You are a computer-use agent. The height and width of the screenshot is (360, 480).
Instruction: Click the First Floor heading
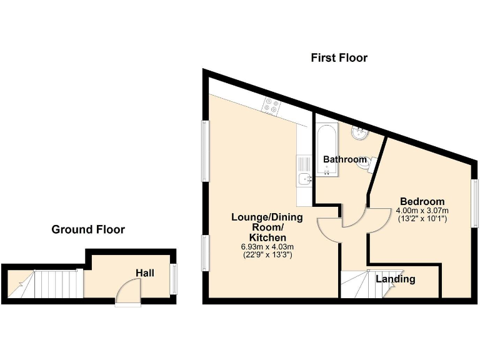tap(339, 58)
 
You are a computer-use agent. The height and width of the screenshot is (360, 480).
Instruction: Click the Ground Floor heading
tap(88, 229)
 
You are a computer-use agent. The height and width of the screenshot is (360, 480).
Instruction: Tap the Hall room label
tap(145, 273)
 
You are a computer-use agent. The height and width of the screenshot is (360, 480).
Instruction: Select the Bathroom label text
tap(344, 159)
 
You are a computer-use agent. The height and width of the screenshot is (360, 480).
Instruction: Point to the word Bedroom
tap(422, 201)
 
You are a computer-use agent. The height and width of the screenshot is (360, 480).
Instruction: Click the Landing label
tap(396, 279)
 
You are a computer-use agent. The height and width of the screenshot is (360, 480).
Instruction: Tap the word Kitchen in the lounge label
tap(267, 237)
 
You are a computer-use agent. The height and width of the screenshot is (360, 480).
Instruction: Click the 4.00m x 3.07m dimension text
tap(422, 211)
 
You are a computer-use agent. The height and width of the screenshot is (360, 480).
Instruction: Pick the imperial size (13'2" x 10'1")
tap(422, 219)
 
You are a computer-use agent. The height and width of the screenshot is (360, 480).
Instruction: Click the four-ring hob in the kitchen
tap(272, 107)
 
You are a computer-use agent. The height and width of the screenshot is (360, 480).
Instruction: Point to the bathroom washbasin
tap(361, 133)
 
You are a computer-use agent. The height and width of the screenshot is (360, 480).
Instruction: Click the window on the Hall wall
tap(173, 279)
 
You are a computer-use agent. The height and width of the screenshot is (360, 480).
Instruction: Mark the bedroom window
tap(475, 203)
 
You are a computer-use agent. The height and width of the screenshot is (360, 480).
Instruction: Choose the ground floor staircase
tap(56, 284)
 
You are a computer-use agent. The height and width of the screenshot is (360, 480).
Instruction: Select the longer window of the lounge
tap(204, 152)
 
